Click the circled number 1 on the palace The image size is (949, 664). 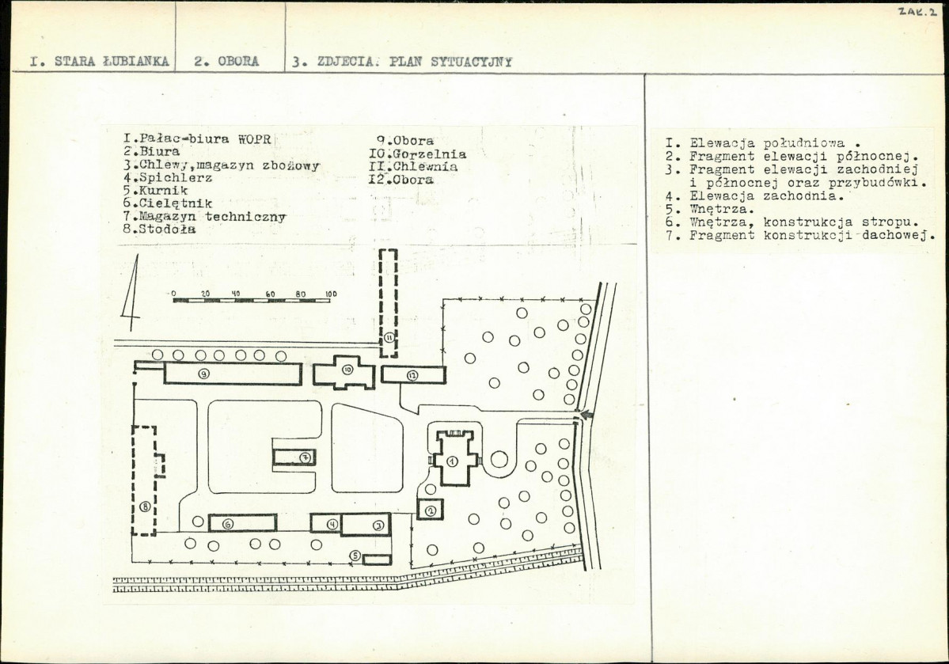point(452,461)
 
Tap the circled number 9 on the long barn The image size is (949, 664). point(204,374)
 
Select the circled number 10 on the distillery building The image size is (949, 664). point(347,370)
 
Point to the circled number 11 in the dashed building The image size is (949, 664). point(389,336)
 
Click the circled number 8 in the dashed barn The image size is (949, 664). point(146,507)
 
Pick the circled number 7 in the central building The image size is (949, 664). point(306,457)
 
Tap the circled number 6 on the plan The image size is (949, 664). point(228,524)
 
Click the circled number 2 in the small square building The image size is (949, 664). point(431,511)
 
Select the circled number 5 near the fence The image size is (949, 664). point(356,556)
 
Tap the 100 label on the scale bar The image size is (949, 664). point(331,294)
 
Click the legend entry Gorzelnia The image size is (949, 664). point(418,154)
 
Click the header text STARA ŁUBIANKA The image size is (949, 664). point(112,62)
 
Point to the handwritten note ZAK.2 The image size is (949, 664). point(917,12)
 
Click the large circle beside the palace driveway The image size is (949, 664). point(499,459)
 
